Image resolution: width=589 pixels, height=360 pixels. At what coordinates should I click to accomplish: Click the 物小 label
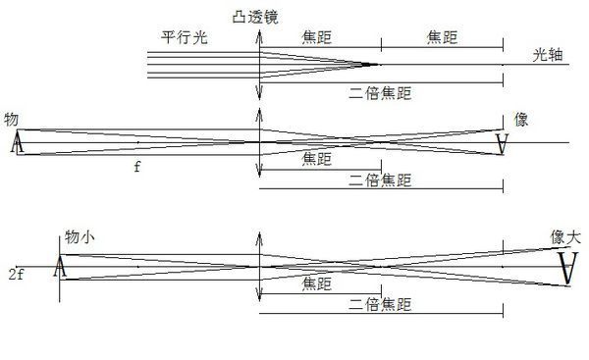coord(82,237)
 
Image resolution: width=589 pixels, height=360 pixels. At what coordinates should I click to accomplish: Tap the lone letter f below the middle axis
coord(137,168)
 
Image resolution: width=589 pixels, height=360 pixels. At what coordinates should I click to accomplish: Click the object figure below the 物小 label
coord(60,265)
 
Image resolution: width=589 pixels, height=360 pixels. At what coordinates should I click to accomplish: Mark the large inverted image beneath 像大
coord(566,267)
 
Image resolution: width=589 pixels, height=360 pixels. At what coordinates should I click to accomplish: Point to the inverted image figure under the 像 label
coord(503,144)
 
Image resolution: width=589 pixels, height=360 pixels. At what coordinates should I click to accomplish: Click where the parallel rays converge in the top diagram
coord(377,65)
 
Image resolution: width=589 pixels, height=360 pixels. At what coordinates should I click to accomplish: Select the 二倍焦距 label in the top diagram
coord(379,94)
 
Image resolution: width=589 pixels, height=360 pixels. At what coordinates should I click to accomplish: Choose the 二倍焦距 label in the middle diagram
coord(379,180)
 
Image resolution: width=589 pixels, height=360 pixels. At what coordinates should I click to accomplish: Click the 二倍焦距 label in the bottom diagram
coord(379,304)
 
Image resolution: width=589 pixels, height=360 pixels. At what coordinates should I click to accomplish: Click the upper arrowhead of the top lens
coord(258,39)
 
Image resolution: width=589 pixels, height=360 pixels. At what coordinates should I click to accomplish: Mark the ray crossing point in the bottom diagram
coord(339,263)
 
